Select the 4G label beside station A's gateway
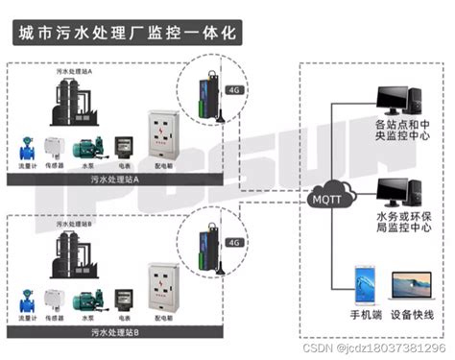[x=234, y=92]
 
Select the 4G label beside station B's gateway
[x=234, y=243]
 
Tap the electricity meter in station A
[x=123, y=146]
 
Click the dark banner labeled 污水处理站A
[x=108, y=180]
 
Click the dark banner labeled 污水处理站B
[x=108, y=331]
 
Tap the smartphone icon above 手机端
[x=364, y=284]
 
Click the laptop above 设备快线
[x=417, y=287]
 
